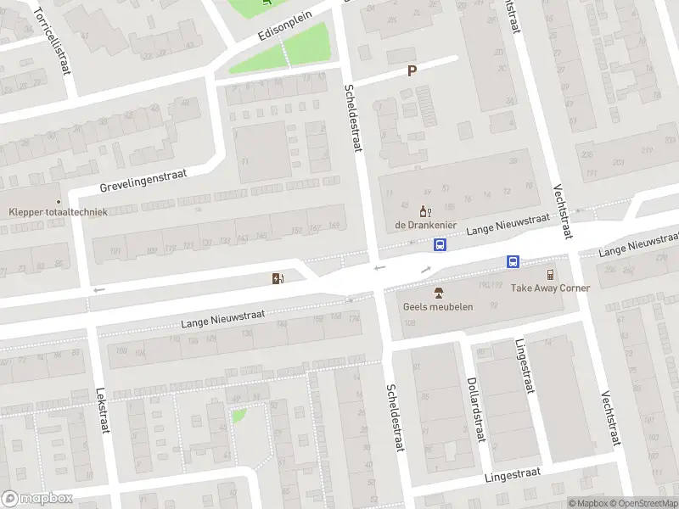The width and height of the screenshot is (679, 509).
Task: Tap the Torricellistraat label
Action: pyautogui.click(x=51, y=41)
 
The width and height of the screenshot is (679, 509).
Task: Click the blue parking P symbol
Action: pyautogui.click(x=412, y=71)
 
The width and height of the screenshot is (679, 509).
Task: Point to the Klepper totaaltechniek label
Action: pyautogui.click(x=58, y=211)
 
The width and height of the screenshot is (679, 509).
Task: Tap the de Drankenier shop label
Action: pyautogui.click(x=425, y=225)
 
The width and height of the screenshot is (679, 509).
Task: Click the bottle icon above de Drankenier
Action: pyautogui.click(x=425, y=210)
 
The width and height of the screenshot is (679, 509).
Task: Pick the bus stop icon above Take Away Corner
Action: pyautogui.click(x=513, y=261)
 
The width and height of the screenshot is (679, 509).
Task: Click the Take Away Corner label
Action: pyautogui.click(x=550, y=288)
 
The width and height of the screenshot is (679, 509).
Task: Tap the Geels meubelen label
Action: pyautogui.click(x=438, y=306)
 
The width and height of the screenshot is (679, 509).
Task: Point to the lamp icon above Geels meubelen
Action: pyautogui.click(x=438, y=293)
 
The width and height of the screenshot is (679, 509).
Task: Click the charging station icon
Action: pyautogui.click(x=278, y=278)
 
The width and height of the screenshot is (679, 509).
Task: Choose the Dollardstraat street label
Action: pyautogui.click(x=474, y=409)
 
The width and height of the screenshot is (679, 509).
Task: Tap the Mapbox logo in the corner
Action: pyautogui.click(x=36, y=499)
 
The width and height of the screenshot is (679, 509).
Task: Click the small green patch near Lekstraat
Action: pyautogui.click(x=239, y=416)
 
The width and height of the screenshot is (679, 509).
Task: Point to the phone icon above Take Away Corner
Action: pyautogui.click(x=550, y=274)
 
